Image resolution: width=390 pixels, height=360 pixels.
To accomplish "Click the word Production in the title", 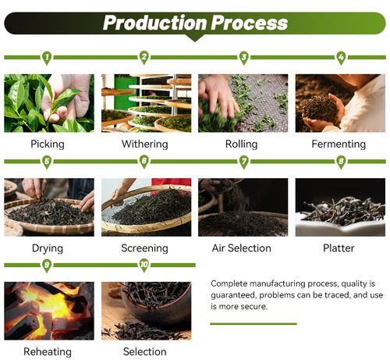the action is click(155, 23).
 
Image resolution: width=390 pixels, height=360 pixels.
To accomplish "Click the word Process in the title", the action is click(250, 23).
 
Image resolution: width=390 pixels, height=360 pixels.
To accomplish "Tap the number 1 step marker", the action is click(47, 58).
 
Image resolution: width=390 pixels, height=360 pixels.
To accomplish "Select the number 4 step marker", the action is click(341, 58).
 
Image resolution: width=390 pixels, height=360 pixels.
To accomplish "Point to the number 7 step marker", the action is click(243, 162).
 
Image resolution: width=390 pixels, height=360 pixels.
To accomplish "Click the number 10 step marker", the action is click(144, 266).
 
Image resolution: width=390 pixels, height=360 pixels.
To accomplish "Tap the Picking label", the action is click(48, 144).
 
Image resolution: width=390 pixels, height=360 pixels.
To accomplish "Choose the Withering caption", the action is click(145, 144).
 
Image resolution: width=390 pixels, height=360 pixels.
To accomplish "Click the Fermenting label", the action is click(339, 144).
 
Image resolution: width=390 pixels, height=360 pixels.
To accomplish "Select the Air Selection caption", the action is click(242, 248).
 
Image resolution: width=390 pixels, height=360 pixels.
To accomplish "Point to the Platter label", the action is click(339, 248).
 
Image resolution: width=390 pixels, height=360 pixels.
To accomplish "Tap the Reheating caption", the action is click(48, 352).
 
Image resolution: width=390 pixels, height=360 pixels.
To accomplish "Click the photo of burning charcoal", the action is click(49, 311).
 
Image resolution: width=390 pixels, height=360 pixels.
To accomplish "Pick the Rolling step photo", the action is click(243, 103).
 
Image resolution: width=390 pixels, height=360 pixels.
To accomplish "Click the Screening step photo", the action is click(146, 207).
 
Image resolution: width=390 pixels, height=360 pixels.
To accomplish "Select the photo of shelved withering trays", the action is click(146, 103).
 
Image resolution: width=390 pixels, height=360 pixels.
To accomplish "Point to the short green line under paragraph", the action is click(253, 324).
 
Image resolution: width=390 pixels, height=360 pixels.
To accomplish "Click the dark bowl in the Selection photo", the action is click(156, 302).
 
